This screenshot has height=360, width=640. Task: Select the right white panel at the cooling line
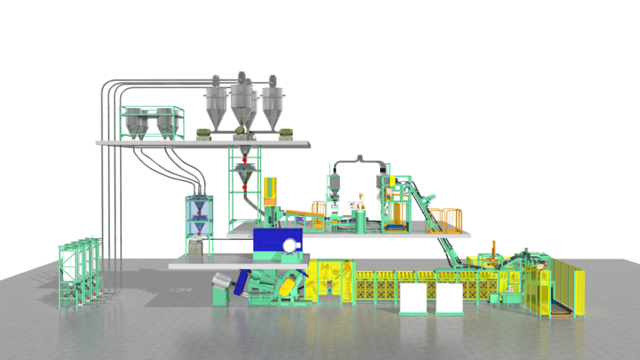[449, 299]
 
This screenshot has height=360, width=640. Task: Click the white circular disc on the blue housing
[290, 246]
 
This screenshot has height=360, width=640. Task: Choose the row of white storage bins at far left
[78, 272]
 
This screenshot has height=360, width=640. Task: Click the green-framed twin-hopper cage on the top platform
[152, 121]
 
